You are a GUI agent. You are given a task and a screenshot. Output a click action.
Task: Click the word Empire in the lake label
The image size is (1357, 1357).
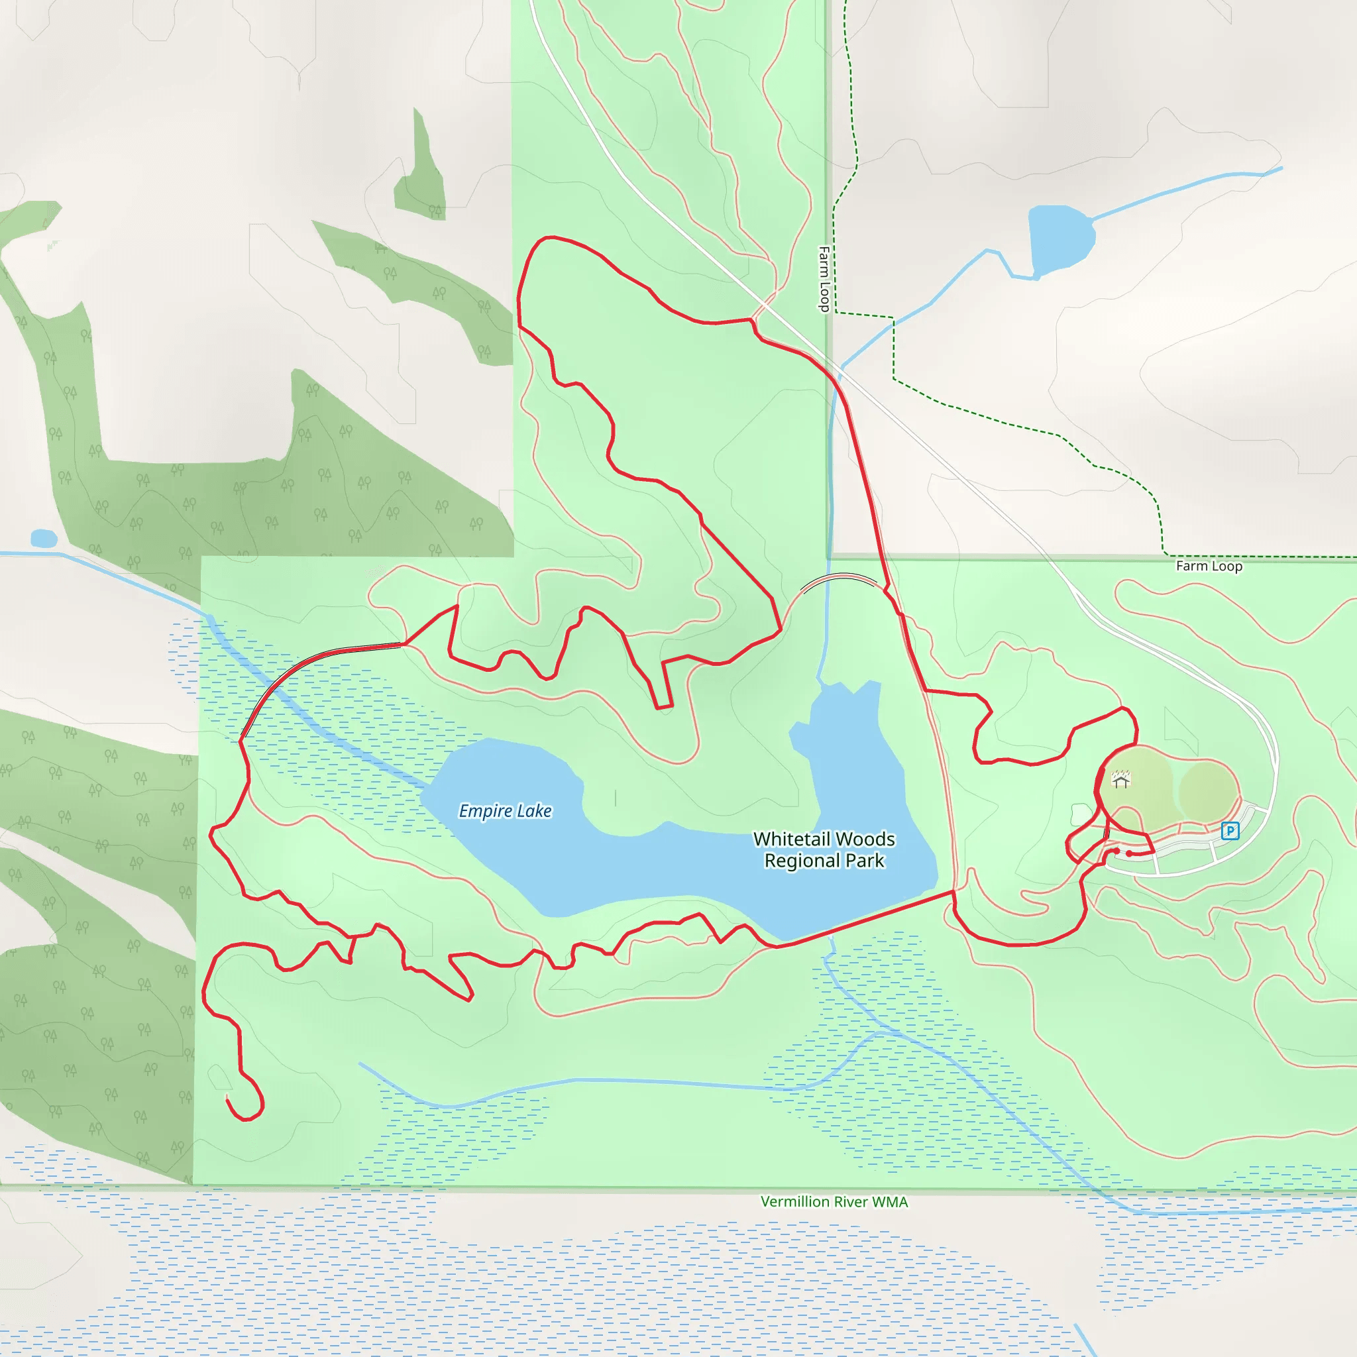pos(485,811)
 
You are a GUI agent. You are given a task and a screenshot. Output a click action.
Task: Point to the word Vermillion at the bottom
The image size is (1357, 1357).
pos(794,1202)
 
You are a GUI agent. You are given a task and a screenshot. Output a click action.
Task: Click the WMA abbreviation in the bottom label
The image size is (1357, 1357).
pos(890,1202)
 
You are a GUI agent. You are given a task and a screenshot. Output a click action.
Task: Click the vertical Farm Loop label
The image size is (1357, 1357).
pos(824,278)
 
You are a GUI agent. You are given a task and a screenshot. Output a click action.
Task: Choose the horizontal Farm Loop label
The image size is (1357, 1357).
pos(1209,566)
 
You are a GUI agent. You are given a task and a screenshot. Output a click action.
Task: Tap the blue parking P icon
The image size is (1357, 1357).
pos(1230,831)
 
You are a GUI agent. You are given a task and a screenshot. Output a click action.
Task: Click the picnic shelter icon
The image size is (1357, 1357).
pos(1121,779)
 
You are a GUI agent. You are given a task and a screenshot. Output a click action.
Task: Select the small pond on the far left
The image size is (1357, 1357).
pos(44,539)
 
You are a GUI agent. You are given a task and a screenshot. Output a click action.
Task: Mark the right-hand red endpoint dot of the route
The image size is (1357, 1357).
pos(1130,854)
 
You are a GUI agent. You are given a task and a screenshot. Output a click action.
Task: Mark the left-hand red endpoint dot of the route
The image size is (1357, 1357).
pos(1116,851)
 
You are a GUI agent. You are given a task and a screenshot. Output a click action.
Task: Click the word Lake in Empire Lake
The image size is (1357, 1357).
pos(534,811)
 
